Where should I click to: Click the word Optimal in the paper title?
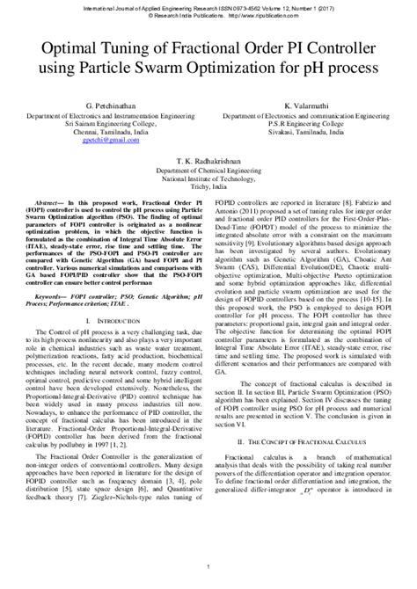pos(64,46)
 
